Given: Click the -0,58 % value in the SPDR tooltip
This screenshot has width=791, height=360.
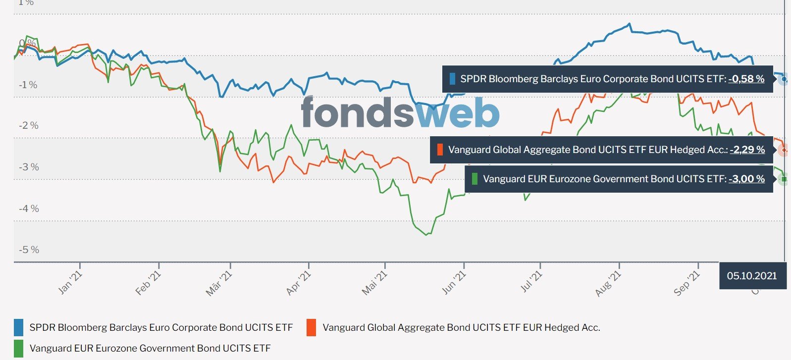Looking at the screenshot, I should click(746, 79).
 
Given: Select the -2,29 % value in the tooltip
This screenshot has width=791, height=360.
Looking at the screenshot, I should click(747, 150).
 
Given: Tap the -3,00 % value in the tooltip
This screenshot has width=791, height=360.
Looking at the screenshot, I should click(746, 179).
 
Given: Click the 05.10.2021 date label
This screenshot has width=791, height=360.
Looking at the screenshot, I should click(752, 276).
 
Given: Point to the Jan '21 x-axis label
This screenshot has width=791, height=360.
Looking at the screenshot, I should click(70, 282).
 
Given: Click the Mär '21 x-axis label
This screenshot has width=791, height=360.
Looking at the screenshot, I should click(218, 284).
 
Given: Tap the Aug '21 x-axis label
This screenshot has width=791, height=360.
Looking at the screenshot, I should click(608, 284).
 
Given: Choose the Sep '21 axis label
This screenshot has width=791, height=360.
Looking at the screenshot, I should click(686, 284).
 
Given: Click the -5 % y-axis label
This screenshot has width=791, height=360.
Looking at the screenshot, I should click(29, 250).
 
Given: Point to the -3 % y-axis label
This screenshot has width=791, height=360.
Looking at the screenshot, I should click(29, 167).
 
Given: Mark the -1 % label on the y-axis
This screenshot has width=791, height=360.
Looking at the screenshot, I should click(28, 85).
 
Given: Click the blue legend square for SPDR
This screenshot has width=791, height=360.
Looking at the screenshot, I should click(19, 327).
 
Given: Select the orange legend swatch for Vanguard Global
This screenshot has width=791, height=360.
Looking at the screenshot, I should click(311, 327).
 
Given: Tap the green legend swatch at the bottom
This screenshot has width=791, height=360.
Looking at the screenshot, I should click(19, 348).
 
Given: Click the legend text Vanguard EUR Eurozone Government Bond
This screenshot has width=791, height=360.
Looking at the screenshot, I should click(150, 348).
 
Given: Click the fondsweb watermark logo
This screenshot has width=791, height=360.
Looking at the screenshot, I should click(400, 112).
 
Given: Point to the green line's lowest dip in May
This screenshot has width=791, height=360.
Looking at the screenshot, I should click(426, 235).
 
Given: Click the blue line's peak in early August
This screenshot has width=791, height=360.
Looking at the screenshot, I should click(629, 24).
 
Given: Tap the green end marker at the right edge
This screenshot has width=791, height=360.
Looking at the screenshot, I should click(784, 179).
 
